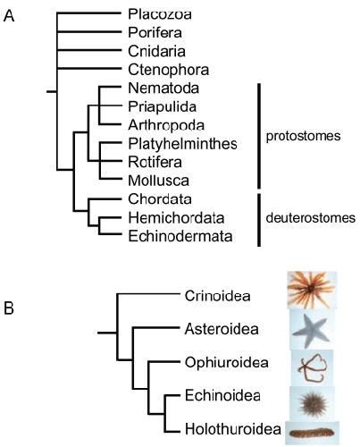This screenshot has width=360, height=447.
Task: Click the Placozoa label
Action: click(x=160, y=14)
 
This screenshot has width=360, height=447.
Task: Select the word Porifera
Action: click(x=155, y=32)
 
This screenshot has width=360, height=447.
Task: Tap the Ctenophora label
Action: click(x=169, y=70)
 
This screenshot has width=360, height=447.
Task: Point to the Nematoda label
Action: click(x=163, y=89)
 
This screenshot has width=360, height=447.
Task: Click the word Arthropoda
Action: click(x=166, y=125)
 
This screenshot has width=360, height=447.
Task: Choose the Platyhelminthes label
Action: click(x=182, y=144)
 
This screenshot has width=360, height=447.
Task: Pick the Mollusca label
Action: click(x=159, y=181)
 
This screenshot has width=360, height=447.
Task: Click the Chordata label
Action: click(x=160, y=199)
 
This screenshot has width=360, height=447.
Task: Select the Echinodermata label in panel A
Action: click(x=180, y=236)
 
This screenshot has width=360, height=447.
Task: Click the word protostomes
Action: click(x=303, y=136)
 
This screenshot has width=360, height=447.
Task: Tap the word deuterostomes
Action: click(x=311, y=218)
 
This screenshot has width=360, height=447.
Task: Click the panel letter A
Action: click(x=9, y=16)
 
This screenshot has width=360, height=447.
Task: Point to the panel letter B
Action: click(x=9, y=308)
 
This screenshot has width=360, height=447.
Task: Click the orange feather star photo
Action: click(x=312, y=290)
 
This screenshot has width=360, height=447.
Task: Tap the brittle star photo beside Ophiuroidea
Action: click(x=312, y=368)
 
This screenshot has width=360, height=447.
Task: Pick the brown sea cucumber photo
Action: click(x=312, y=433)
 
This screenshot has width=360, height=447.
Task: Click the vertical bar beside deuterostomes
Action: click(x=259, y=220)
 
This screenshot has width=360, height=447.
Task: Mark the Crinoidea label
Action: click(x=217, y=296)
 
